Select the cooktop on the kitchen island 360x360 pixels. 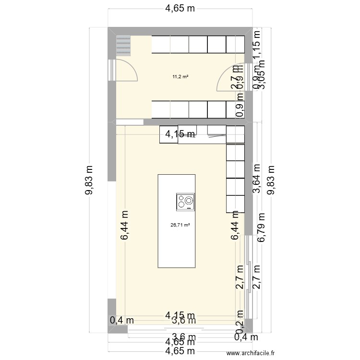point(186,202)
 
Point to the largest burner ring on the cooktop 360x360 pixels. point(189,201)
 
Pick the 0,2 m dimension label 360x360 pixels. point(239,326)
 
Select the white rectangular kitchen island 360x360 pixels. point(176,221)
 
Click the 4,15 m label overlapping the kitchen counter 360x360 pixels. point(180,135)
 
